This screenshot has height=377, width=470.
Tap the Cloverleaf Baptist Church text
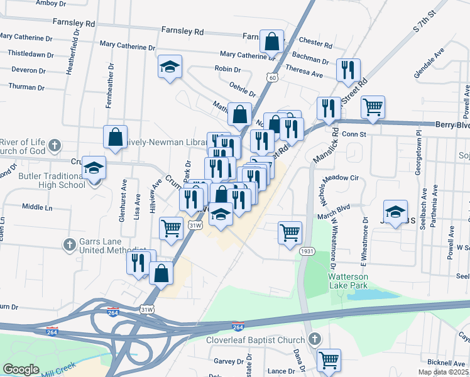(x=256, y=340)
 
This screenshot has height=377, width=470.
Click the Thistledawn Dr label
(x=27, y=53)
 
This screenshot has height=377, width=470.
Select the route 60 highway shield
(x=271, y=77)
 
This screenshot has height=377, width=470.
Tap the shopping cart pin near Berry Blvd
(x=373, y=107)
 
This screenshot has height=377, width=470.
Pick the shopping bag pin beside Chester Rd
(x=272, y=42)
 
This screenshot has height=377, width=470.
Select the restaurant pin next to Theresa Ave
(x=348, y=70)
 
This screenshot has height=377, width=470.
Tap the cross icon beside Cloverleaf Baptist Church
(x=314, y=340)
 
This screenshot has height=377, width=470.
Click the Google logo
(x=21, y=369)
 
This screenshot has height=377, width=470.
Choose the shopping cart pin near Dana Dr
(x=329, y=361)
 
